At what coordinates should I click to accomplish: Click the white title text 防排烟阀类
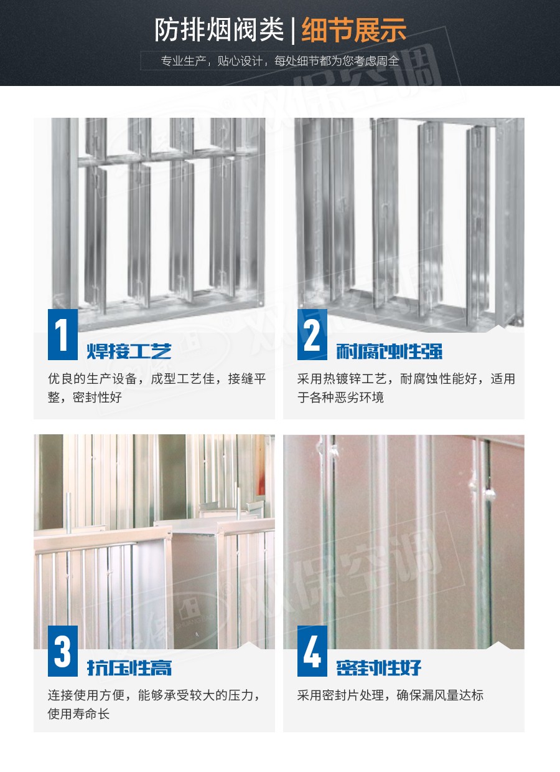coord(219,31)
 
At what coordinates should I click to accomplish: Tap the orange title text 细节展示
coord(354,31)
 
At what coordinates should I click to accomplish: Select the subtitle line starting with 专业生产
coord(280,61)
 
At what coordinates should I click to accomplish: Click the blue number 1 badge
coord(63,335)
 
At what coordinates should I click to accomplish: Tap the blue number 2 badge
coord(312,335)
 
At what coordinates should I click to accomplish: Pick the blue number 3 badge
coord(63,651)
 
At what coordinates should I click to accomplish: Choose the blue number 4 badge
coord(312,651)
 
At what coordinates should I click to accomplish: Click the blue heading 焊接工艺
coord(129,351)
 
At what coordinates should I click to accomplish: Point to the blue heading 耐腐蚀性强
coord(390,351)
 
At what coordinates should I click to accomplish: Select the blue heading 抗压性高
coord(129,668)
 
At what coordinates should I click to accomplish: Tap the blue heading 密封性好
coord(378,668)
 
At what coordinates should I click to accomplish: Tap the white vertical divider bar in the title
coord(293,31)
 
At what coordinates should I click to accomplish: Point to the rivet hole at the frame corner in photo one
coord(261,303)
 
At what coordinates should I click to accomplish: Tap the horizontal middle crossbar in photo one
coord(169,157)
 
